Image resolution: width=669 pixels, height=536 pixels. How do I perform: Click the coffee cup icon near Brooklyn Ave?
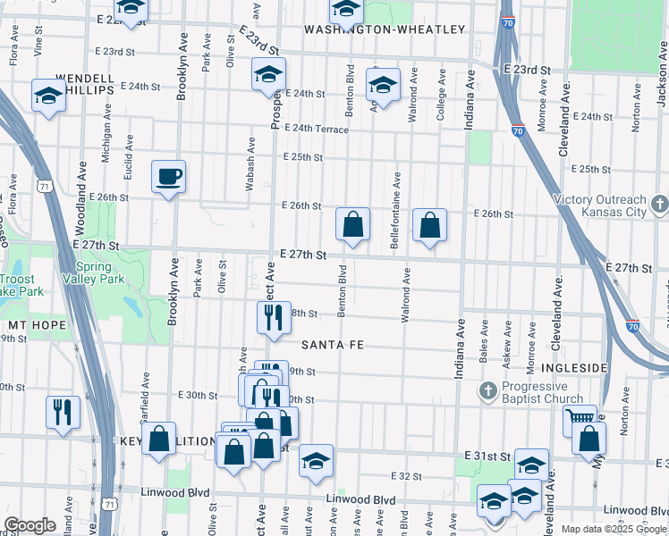[168, 176]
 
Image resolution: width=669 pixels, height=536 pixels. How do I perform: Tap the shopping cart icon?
[580, 418]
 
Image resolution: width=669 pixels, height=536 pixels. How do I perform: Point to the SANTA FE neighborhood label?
[335, 344]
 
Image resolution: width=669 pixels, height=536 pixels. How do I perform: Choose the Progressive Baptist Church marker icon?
[488, 389]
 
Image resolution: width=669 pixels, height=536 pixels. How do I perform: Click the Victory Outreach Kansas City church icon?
[659, 205]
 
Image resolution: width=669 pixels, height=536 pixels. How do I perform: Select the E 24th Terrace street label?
[317, 129]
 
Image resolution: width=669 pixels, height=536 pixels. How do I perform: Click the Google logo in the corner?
[30, 525]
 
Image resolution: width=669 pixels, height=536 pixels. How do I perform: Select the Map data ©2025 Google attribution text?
[614, 529]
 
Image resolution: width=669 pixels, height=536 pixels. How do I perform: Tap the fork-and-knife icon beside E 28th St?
[274, 317]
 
